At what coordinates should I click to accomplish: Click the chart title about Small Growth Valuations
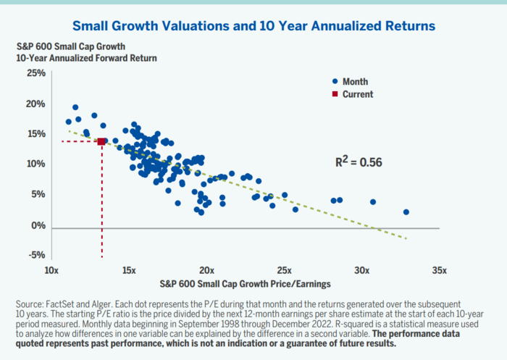(253, 26)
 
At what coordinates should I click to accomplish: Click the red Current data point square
(101, 141)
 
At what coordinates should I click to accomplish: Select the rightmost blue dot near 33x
(406, 212)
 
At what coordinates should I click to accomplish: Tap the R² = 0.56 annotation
(356, 162)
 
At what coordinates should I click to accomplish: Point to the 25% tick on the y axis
(36, 73)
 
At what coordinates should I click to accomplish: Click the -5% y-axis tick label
(36, 255)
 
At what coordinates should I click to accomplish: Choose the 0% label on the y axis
(39, 225)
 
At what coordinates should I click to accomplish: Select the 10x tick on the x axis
(51, 270)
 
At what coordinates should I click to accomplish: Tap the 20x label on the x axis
(206, 270)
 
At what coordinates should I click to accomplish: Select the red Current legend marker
(335, 94)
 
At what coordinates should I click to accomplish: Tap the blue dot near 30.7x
(373, 202)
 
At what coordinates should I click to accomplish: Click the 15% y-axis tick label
(36, 133)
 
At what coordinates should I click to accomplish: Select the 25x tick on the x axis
(284, 270)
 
